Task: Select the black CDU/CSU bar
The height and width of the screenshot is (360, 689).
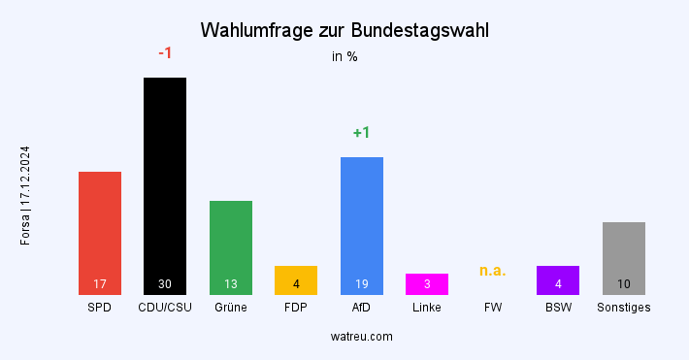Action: (165, 184)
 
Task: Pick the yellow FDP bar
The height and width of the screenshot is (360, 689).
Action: (296, 279)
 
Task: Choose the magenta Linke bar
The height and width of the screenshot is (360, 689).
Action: (427, 283)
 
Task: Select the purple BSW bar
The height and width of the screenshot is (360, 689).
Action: (558, 279)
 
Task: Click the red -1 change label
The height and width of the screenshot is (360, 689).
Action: (165, 53)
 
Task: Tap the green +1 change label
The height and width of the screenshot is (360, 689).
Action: (362, 133)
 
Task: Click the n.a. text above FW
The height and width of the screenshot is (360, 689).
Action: (493, 270)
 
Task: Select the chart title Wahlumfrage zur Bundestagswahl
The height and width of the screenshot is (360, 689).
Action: (344, 30)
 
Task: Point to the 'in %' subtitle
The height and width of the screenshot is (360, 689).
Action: (344, 56)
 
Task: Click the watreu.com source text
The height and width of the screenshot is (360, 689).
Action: (361, 337)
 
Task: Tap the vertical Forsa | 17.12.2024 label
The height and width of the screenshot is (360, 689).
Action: (25, 195)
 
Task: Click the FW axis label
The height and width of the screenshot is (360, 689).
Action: (493, 308)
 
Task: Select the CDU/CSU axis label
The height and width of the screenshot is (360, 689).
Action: (165, 308)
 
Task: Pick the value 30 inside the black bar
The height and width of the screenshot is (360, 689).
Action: (165, 284)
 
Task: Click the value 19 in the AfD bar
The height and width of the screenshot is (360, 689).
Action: (362, 284)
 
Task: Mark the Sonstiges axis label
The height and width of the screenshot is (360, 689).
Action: (624, 308)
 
